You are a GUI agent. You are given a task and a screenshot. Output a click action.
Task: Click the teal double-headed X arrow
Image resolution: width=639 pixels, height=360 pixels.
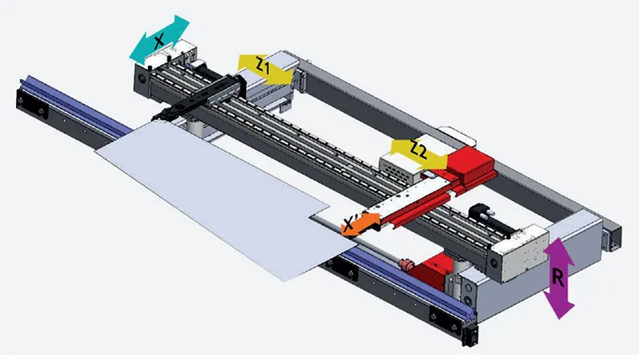point(159,39)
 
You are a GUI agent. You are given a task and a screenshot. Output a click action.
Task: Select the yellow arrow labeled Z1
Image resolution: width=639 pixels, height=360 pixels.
point(266,69)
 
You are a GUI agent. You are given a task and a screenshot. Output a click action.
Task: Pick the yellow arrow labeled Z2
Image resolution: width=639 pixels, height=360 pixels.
point(419,154)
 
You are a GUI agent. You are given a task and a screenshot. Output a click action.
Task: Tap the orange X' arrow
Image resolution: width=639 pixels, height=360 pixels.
point(360,224)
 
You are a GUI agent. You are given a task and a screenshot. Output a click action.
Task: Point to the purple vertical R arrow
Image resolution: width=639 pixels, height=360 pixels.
point(558,278)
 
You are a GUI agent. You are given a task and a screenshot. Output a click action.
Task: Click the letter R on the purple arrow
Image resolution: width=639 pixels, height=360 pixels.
point(558,279)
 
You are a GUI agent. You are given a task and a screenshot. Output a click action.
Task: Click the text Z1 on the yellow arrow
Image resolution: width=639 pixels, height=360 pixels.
point(263,66)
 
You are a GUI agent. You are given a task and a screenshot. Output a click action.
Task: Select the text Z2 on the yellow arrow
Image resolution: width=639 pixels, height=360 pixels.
point(418,151)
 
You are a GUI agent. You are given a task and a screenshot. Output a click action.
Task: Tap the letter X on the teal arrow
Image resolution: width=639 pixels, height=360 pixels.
point(158,40)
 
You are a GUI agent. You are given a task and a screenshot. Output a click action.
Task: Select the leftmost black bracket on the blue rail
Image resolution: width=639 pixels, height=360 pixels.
point(31,106)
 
